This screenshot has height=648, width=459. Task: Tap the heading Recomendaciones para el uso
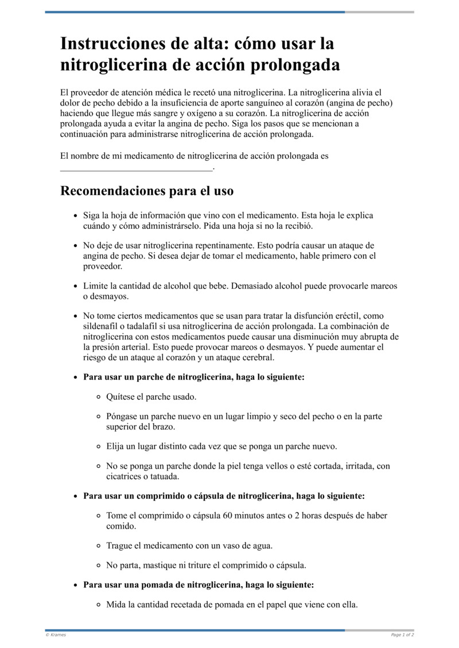click(x=146, y=190)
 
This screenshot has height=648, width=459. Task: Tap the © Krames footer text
click(x=56, y=635)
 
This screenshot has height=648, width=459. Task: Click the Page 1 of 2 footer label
click(x=402, y=635)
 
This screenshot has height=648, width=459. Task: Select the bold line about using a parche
click(x=194, y=377)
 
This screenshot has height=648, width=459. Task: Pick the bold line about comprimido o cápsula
click(x=224, y=495)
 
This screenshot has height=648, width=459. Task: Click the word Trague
click(x=119, y=545)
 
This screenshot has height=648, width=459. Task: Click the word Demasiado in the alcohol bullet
click(x=252, y=286)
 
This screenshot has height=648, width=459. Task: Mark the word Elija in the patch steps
click(x=116, y=446)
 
